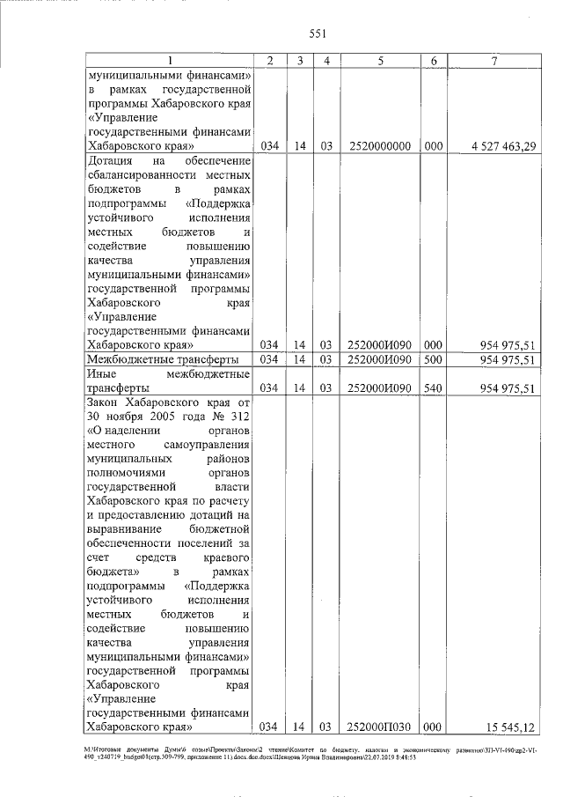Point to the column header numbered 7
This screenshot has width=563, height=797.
pyautogui.click(x=498, y=60)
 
